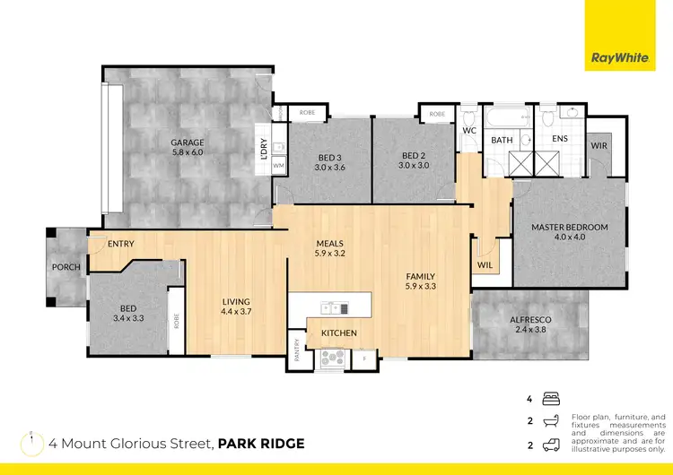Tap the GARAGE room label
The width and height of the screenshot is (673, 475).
click(188, 142)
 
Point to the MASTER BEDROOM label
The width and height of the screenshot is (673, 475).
click(569, 228)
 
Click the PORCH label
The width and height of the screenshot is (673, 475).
click(66, 267)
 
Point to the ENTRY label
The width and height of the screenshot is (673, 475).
click(121, 244)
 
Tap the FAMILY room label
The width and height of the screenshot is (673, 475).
click(421, 277)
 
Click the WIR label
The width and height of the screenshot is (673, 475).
click(599, 145)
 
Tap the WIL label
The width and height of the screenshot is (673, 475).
click(485, 265)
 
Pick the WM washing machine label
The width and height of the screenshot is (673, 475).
click(278, 167)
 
